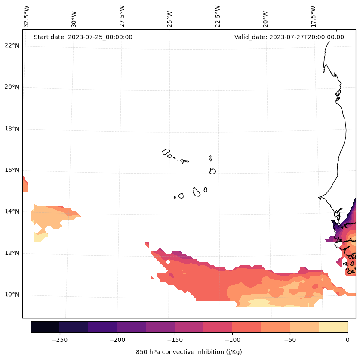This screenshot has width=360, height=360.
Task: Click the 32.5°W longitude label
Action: (27, 16)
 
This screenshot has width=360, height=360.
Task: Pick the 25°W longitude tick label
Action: (170, 16)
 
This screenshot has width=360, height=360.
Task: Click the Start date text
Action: (83, 37)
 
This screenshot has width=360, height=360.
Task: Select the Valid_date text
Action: (289, 37)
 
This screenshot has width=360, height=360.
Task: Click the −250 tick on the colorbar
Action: (59, 340)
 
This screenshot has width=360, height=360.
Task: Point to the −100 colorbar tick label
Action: (232, 340)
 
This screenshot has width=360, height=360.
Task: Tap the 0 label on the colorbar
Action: (348, 340)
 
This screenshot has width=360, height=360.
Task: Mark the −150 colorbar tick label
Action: (175, 340)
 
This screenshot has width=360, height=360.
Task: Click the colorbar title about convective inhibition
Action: (189, 352)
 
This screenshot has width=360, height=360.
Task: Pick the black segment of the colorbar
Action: (45, 327)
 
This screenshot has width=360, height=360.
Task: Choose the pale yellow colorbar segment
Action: (333, 327)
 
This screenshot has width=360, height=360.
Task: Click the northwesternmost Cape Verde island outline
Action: (166, 152)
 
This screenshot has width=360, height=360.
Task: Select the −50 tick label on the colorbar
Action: (290, 340)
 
